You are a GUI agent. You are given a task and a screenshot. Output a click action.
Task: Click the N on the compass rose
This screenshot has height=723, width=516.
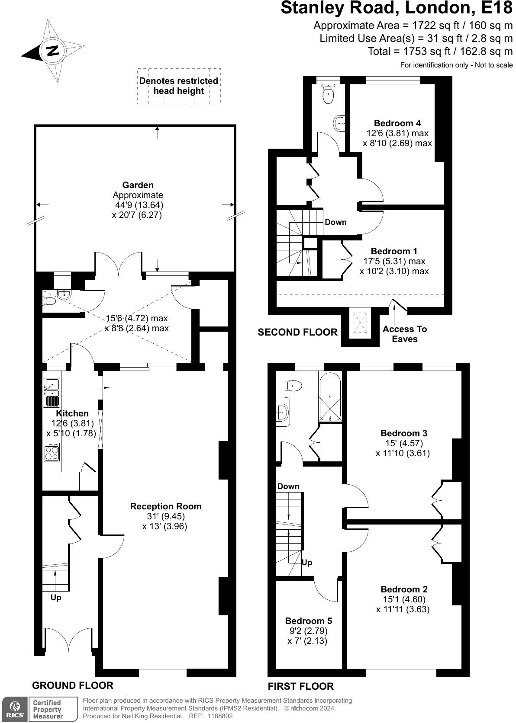tap(52, 51)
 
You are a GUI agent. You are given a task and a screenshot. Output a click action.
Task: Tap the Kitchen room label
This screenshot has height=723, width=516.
tap(72, 413)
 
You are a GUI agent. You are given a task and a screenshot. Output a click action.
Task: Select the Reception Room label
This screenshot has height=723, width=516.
tap(166, 506)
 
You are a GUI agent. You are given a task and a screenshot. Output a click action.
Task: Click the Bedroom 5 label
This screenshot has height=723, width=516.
tap(309, 621)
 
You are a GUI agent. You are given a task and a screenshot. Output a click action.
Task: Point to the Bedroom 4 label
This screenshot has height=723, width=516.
tap(397, 123)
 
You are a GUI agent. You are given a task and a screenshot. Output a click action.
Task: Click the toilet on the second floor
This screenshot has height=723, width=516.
tap(329, 95)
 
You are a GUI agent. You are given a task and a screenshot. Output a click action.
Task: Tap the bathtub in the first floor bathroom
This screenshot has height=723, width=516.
tap(330, 397)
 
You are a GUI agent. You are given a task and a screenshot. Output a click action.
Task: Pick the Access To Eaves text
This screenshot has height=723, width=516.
tap(405, 334)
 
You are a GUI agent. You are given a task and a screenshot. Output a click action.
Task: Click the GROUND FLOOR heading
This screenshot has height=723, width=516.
tap(73, 685)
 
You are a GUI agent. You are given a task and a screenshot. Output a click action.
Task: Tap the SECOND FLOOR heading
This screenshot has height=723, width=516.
tap(297, 332)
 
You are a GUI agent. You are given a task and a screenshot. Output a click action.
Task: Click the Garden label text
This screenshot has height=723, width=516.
tap(138, 185)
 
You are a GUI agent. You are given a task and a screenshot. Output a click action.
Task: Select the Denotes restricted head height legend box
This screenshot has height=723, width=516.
tap(179, 86)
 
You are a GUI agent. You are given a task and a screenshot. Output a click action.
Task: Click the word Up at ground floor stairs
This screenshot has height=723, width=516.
tap(56, 598)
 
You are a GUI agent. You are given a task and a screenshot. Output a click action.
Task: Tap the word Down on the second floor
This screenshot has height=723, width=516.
tap(335, 222)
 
